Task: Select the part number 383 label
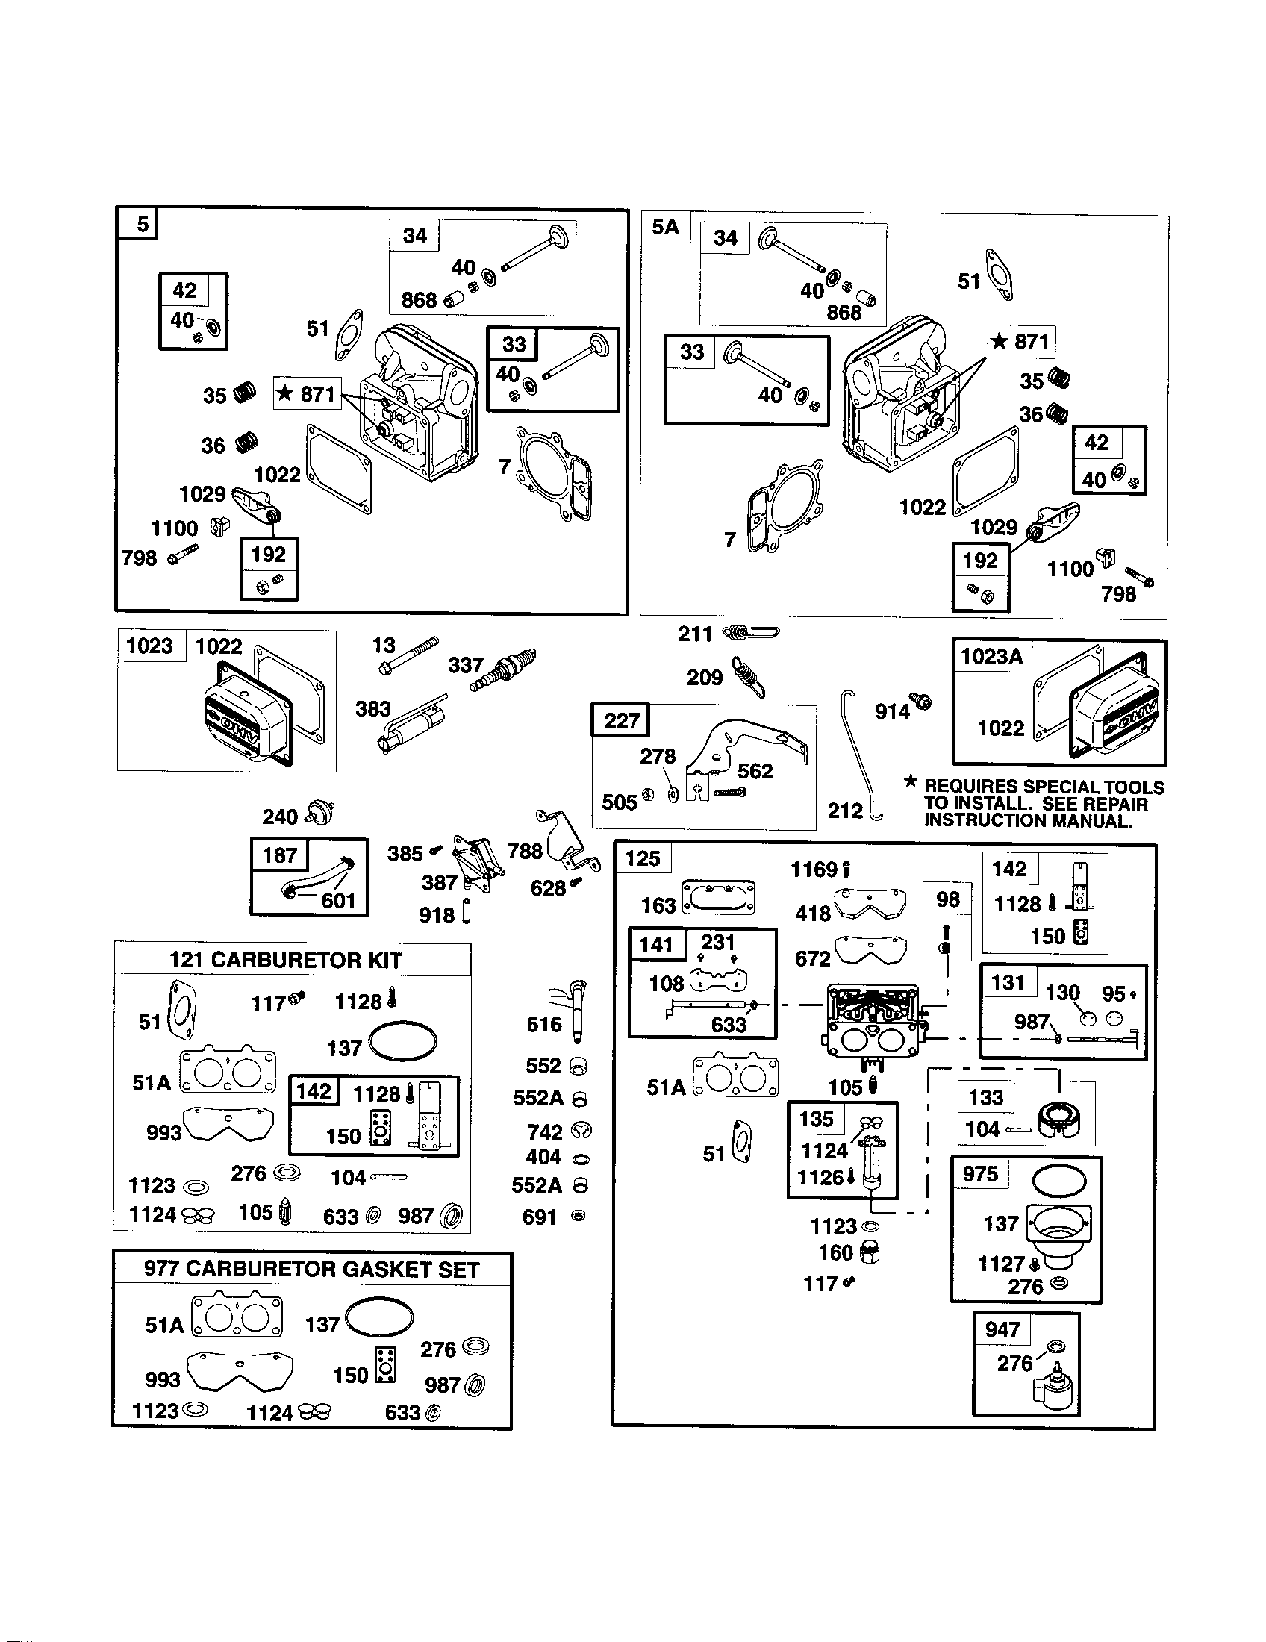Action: (373, 708)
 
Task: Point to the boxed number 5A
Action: (665, 227)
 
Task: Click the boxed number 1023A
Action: (991, 656)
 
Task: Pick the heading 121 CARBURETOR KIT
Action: (285, 960)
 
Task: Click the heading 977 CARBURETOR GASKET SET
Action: (311, 1270)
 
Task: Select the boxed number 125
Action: (642, 858)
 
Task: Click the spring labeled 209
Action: (748, 674)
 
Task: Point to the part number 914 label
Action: (892, 711)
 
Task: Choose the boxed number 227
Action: (621, 721)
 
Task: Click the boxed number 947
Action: (1002, 1329)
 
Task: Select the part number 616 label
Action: (544, 1024)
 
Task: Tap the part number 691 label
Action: (539, 1217)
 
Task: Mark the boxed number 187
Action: (280, 855)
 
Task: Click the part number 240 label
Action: (280, 817)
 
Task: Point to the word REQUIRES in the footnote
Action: (972, 787)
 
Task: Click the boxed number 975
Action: (980, 1173)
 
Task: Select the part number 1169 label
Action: (814, 870)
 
